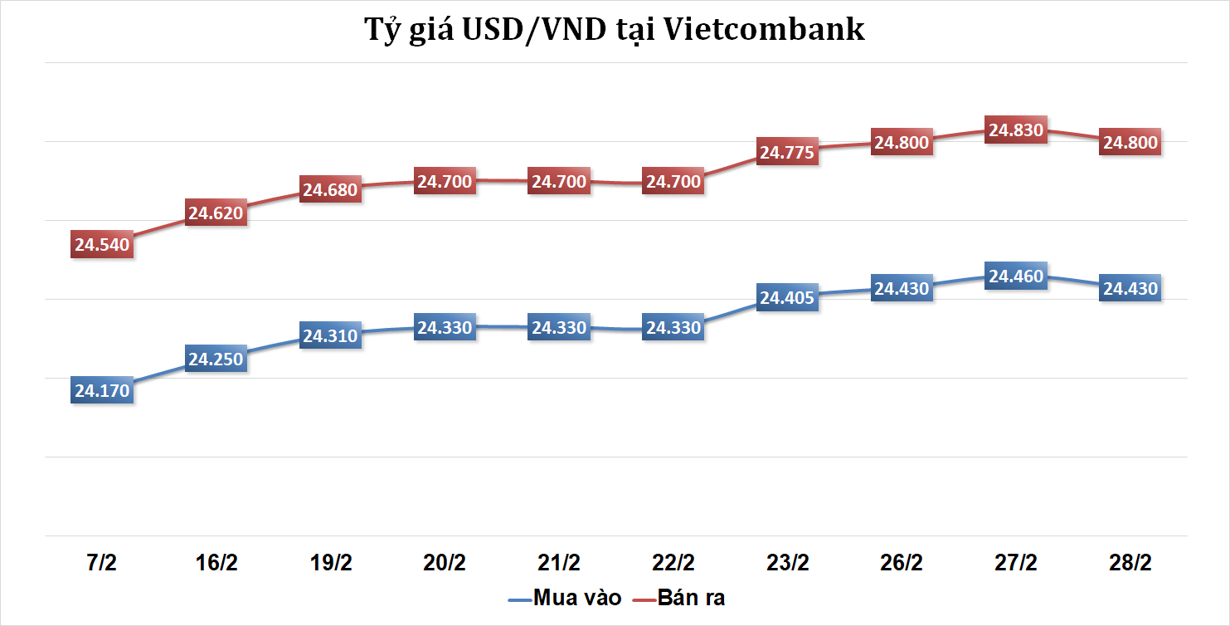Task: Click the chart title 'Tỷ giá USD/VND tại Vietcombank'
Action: [x=615, y=30]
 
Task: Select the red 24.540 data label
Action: [x=102, y=244]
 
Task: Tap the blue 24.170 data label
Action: [x=102, y=390]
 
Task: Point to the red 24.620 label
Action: [x=216, y=213]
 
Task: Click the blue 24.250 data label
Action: [x=216, y=359]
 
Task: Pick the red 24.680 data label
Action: [x=330, y=190]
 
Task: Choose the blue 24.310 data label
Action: [x=330, y=336]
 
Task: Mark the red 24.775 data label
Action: [x=788, y=152]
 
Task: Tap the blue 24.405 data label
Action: [x=788, y=298]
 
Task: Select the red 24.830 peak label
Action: [x=1016, y=130]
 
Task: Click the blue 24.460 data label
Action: [x=1016, y=276]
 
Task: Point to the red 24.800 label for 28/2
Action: [x=1130, y=142]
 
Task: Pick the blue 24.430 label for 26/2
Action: [x=902, y=288]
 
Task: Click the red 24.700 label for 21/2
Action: [x=559, y=181]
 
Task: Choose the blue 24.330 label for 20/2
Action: [x=445, y=328]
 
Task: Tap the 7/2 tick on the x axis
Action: [x=101, y=563]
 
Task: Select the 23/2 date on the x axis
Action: [x=787, y=563]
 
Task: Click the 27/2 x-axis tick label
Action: [x=1015, y=563]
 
